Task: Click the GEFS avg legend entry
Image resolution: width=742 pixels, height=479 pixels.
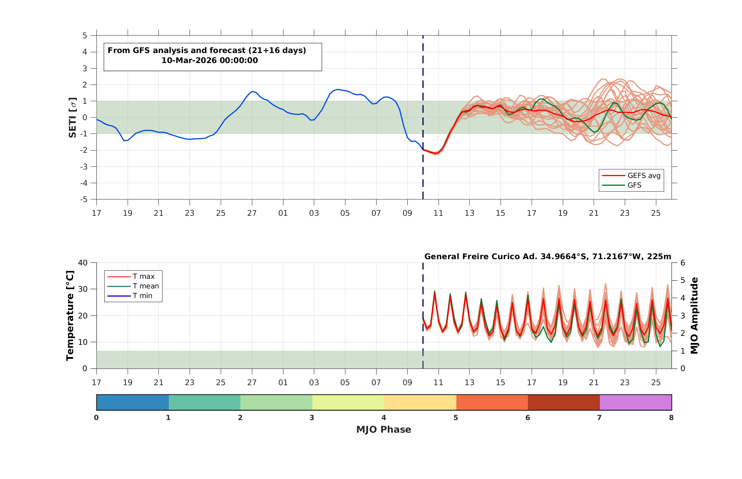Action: coord(631,175)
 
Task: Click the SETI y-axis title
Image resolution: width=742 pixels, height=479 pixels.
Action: coord(73,118)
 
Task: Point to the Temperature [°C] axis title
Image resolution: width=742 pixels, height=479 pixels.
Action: coord(70,316)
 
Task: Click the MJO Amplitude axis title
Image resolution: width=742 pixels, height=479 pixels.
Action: coord(694,316)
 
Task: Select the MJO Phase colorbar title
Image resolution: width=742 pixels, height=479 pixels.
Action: coord(384,429)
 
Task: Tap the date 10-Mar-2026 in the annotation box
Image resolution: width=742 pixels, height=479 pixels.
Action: coord(189,60)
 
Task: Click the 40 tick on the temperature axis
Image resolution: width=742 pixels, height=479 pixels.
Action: coord(83,263)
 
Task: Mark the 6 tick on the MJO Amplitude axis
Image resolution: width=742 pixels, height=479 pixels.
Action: coord(683,263)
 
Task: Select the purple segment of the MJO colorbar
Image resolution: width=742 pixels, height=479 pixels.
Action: coord(636,402)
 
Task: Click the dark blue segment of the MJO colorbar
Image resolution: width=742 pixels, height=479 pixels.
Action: coord(133,402)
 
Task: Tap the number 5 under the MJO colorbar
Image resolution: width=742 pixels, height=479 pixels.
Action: coord(456,418)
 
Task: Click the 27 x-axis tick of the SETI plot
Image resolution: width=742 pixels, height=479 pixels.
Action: coord(252,213)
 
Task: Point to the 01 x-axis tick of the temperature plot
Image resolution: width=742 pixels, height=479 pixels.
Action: coord(283,382)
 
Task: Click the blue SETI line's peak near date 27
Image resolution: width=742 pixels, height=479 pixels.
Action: coord(252,91)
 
